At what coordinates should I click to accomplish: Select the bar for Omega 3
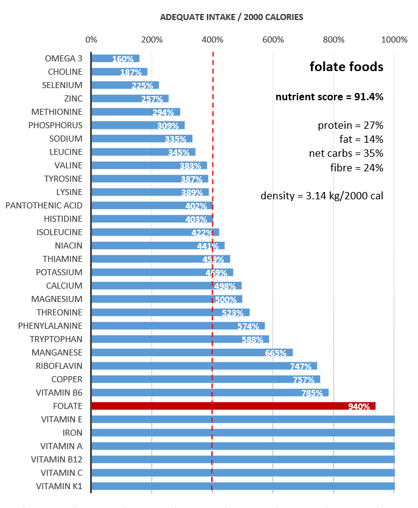click(115, 58)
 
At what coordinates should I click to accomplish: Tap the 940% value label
click(359, 407)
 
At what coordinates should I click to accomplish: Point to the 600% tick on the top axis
click(273, 40)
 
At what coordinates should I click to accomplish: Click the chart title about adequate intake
click(231, 17)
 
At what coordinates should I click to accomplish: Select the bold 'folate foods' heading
click(346, 67)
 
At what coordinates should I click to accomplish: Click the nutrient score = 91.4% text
click(329, 97)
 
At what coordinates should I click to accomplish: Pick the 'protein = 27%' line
click(350, 126)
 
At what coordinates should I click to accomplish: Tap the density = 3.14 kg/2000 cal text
click(322, 196)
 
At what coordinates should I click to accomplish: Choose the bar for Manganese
click(192, 352)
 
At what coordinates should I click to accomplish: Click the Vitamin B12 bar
click(243, 459)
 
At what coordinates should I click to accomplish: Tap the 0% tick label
click(91, 40)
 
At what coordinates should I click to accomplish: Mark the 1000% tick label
click(394, 40)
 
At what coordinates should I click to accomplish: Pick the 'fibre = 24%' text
click(357, 168)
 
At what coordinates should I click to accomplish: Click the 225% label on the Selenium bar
click(142, 86)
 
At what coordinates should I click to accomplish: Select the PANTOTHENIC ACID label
click(44, 205)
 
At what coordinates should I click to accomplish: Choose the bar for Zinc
click(130, 98)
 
